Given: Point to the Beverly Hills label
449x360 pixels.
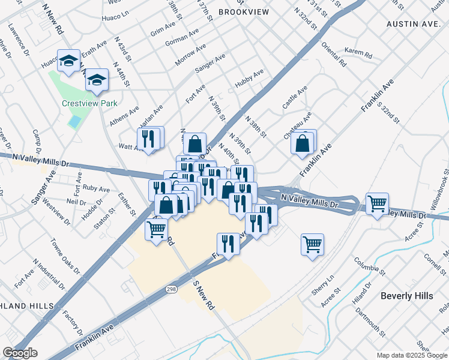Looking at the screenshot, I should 406,296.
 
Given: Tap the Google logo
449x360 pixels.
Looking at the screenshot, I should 20,353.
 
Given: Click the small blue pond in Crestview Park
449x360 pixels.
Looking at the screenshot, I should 74,122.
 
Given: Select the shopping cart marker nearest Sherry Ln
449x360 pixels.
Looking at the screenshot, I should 312,244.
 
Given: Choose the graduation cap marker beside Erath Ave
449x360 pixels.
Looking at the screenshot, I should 68,60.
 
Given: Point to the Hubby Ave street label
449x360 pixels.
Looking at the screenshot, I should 250,79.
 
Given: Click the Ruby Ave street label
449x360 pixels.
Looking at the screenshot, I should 97,188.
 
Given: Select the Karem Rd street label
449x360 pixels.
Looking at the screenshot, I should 359,54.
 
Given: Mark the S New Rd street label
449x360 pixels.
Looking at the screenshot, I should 203,294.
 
